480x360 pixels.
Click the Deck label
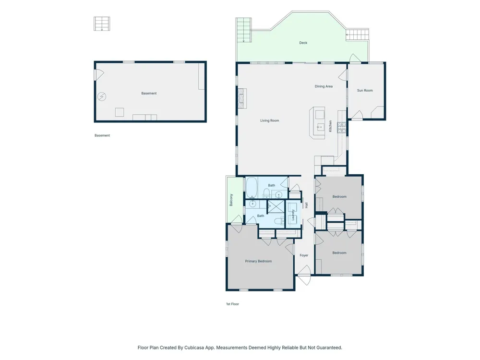303,43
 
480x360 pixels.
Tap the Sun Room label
365,90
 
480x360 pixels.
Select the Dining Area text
324,86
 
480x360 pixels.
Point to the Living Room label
270,120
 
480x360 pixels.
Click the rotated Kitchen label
330,126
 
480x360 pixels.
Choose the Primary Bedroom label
258,261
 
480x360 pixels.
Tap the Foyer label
304,255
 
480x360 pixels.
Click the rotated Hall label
306,205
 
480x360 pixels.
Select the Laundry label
293,215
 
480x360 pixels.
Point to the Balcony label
231,200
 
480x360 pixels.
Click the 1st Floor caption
232,304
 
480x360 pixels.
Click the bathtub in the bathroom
252,187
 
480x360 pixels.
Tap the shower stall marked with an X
276,206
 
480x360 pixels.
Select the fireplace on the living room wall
242,98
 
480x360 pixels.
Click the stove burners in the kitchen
342,127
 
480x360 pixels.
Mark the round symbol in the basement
102,97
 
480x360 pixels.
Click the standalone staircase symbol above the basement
102,24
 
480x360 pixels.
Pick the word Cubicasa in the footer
194,348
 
